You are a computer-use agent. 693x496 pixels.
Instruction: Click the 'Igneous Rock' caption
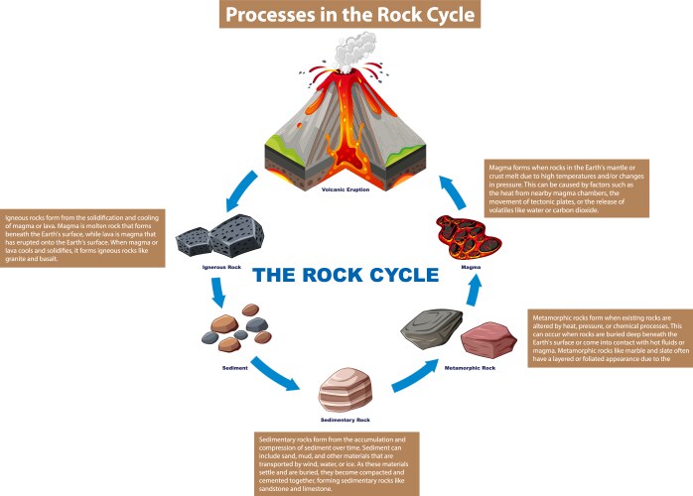tap(214, 267)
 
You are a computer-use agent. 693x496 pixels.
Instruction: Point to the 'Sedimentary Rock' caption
tap(346, 420)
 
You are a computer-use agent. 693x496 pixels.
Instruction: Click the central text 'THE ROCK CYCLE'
tap(346, 275)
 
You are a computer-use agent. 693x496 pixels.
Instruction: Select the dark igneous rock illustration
tap(213, 237)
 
